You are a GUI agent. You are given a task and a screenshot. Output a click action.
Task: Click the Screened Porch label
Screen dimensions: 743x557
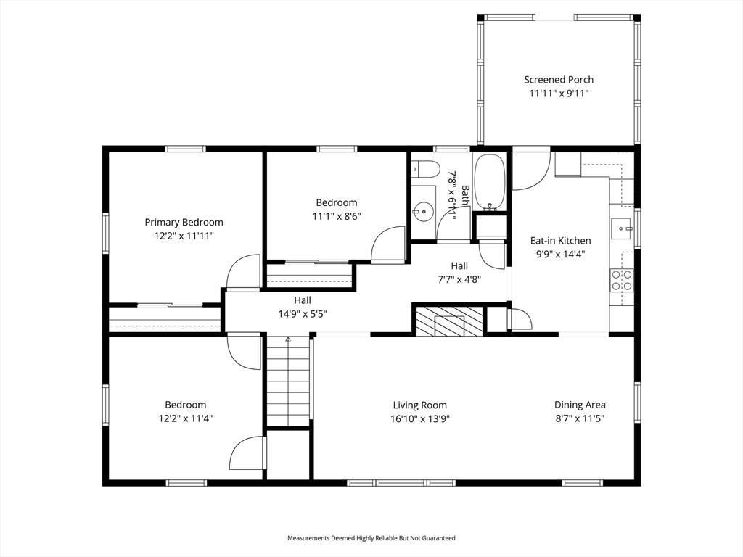point(559,80)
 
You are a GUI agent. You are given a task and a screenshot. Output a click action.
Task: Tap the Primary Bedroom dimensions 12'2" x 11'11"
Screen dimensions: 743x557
point(184,236)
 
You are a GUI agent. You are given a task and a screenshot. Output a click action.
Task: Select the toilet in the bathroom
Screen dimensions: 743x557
point(424,170)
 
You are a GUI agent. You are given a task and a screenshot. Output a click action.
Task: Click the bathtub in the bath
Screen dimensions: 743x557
point(490,182)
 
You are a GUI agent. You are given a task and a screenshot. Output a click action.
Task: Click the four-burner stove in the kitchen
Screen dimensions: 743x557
point(622,279)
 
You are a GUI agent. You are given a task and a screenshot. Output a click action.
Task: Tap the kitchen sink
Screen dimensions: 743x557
point(621,228)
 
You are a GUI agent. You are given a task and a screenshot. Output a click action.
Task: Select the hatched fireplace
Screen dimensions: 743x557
point(449,321)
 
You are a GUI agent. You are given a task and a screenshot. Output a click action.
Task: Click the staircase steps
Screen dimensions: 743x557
point(288,380)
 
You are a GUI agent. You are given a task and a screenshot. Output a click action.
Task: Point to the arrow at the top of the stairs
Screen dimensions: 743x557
point(287,339)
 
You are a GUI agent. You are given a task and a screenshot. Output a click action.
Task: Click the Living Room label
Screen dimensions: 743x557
point(420,405)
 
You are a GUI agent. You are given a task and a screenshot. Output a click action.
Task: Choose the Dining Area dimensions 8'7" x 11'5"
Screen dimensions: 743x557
point(580,418)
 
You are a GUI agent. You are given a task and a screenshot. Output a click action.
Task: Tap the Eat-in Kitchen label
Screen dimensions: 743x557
point(561,241)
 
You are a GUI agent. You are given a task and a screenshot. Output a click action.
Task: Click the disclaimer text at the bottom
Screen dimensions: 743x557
point(371,538)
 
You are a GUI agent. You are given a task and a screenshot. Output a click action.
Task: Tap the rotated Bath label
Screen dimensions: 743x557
point(465,195)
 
